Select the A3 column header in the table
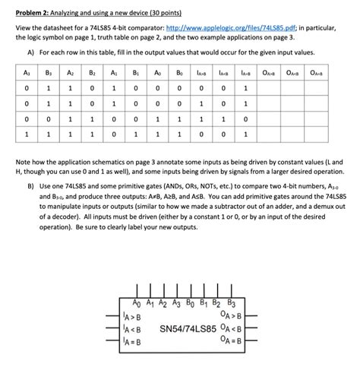click(x=26, y=74)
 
